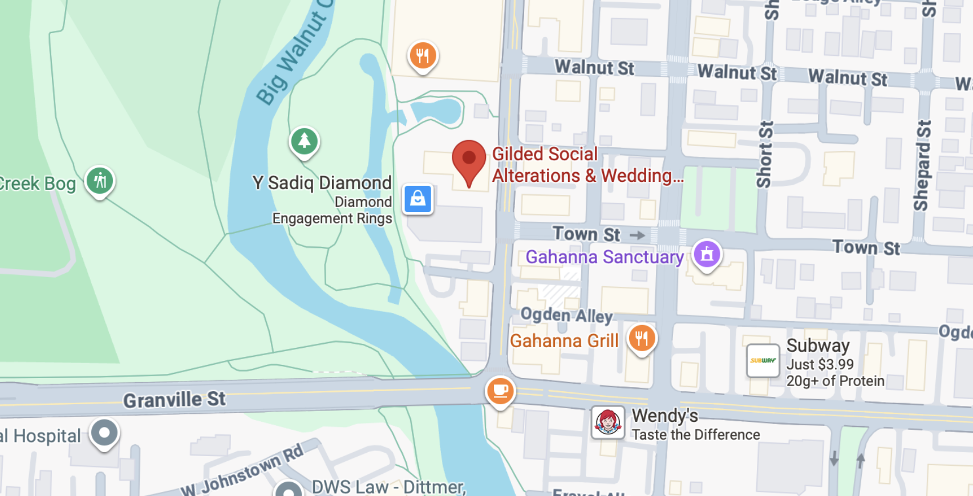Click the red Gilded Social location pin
pos(469,160)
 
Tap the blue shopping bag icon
pos(417,199)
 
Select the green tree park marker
pos(304,141)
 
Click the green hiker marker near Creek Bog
pos(100,181)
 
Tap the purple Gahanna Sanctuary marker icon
pos(707,254)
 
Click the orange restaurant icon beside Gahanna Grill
pos(642,338)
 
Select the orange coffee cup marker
pos(500,391)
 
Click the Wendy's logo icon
pos(607,422)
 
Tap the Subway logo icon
pos(763,360)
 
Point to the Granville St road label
pos(175,400)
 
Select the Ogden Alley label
pos(566,315)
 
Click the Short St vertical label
pos(764,154)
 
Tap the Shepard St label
pos(922,165)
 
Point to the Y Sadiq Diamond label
pos(322,182)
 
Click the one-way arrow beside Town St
pos(637,235)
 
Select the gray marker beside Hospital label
pos(104,433)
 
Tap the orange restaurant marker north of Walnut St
pos(423,56)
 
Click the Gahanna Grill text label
pos(563,341)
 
